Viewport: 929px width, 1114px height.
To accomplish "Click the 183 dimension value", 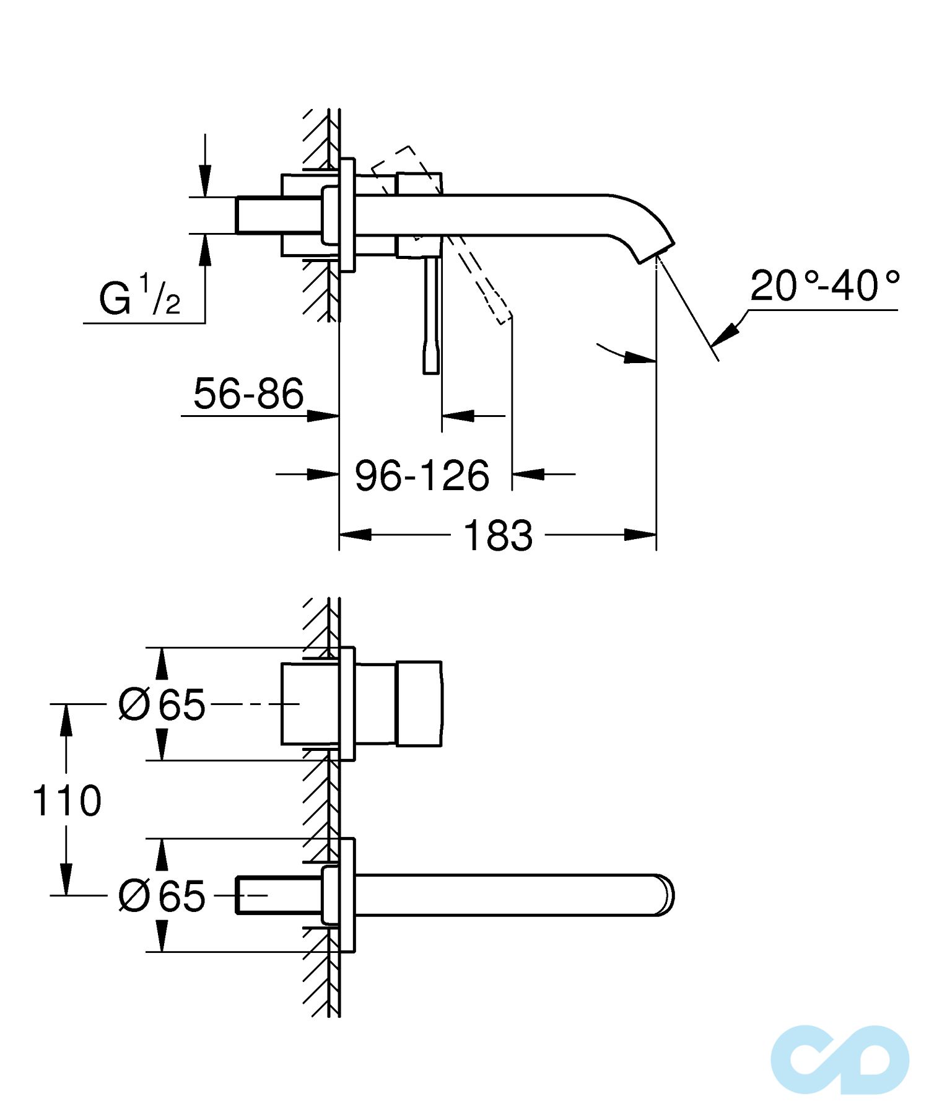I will pos(497,535).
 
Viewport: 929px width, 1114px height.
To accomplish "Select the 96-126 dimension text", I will pos(422,475).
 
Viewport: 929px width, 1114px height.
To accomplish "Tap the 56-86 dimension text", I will pos(248,393).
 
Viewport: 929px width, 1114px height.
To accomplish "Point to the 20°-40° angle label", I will pos(824,286).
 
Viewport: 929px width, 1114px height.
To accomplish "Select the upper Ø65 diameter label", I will pos(162,704).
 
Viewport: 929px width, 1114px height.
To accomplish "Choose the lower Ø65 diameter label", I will pos(162,896).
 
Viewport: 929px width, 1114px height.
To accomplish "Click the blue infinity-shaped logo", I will pos(840,1059).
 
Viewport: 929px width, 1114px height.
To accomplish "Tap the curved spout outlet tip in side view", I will pos(655,251).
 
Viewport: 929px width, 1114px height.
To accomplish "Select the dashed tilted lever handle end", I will pos(503,314).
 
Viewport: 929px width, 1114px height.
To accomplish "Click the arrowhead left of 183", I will pos(355,534).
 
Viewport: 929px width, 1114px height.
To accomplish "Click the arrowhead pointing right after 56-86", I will pos(323,416).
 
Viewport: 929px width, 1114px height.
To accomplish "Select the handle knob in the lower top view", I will pos(419,704).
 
